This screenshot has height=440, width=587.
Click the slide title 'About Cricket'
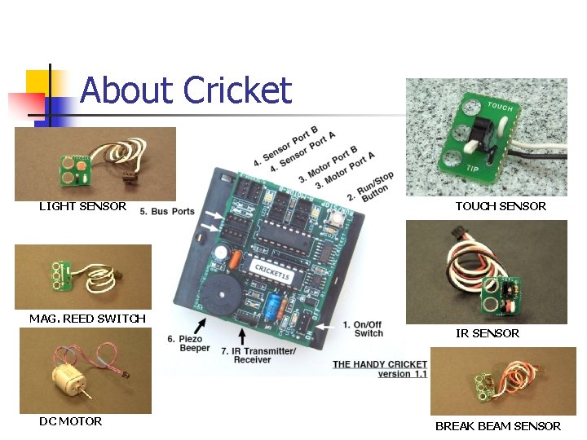186,90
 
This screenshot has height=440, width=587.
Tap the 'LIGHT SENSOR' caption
82,206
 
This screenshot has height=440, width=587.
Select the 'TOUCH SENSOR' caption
500,206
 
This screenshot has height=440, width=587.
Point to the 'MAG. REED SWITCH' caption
87,319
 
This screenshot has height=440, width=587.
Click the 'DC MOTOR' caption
71,421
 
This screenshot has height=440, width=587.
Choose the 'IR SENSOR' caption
487,333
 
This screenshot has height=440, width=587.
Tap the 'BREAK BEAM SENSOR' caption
497,426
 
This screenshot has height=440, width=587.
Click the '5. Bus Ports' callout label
167,212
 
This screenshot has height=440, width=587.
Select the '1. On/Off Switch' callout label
363,328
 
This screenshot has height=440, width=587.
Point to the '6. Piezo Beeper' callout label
185,343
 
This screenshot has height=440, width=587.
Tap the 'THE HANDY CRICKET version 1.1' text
380,369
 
